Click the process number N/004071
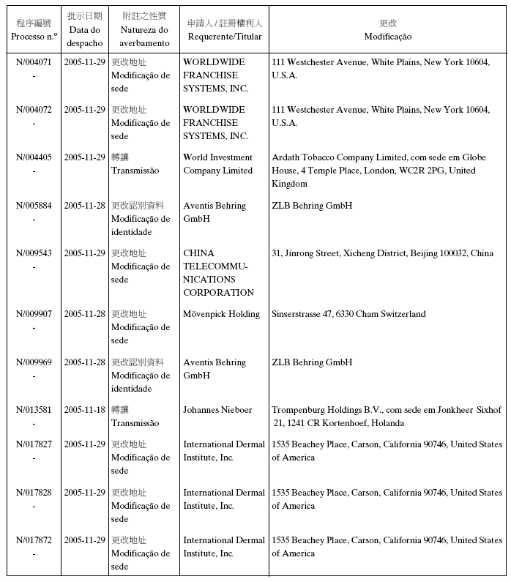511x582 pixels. coord(34,62)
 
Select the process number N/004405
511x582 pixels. coord(34,157)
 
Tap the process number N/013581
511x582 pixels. coord(34,410)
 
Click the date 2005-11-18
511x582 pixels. coord(84,410)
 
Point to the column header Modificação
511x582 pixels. coord(387,37)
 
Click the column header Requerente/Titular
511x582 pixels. coord(224,37)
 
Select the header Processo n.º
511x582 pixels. coord(34,37)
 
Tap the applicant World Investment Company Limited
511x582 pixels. coord(217,164)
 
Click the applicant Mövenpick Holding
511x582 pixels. coord(221,314)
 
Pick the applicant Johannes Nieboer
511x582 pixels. coord(217,410)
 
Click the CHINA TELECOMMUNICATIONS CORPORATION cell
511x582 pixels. coord(218,273)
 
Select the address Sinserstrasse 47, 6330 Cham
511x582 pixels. coord(348,314)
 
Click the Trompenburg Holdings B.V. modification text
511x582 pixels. coord(386,417)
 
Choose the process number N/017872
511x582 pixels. coord(34,540)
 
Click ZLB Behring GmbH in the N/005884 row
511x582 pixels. coord(312,206)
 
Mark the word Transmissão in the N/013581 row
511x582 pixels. coord(135,423)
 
